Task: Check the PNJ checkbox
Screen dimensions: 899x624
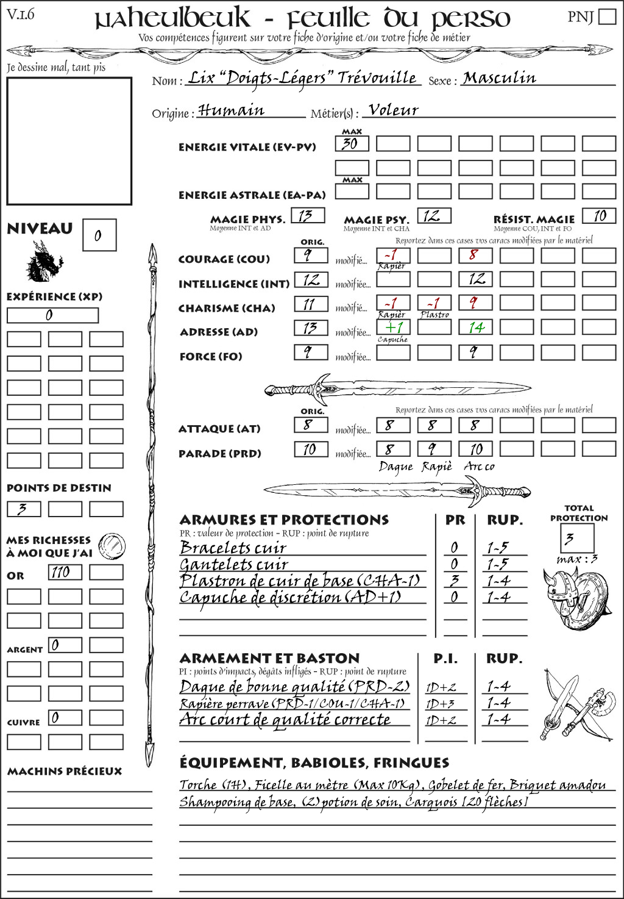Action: point(607,16)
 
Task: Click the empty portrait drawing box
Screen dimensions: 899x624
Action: point(69,141)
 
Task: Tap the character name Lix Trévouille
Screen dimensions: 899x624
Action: point(302,79)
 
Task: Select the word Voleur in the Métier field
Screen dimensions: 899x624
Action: point(394,110)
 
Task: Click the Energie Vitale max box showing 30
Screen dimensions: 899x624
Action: point(352,144)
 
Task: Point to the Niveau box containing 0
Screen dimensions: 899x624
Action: point(99,235)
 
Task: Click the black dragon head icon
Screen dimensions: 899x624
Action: point(44,262)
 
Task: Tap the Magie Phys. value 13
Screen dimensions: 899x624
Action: point(307,216)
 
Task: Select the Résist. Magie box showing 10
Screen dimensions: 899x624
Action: point(598,216)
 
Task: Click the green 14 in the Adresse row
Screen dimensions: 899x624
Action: point(475,328)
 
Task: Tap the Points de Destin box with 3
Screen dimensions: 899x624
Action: point(23,509)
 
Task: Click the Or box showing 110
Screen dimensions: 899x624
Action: point(65,572)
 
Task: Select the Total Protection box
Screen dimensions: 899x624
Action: point(576,539)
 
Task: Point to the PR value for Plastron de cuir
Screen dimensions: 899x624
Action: point(455,581)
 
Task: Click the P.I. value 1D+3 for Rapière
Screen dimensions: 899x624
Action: point(441,704)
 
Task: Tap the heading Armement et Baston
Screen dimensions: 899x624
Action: point(269,658)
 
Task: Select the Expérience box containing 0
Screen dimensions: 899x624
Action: point(52,315)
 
